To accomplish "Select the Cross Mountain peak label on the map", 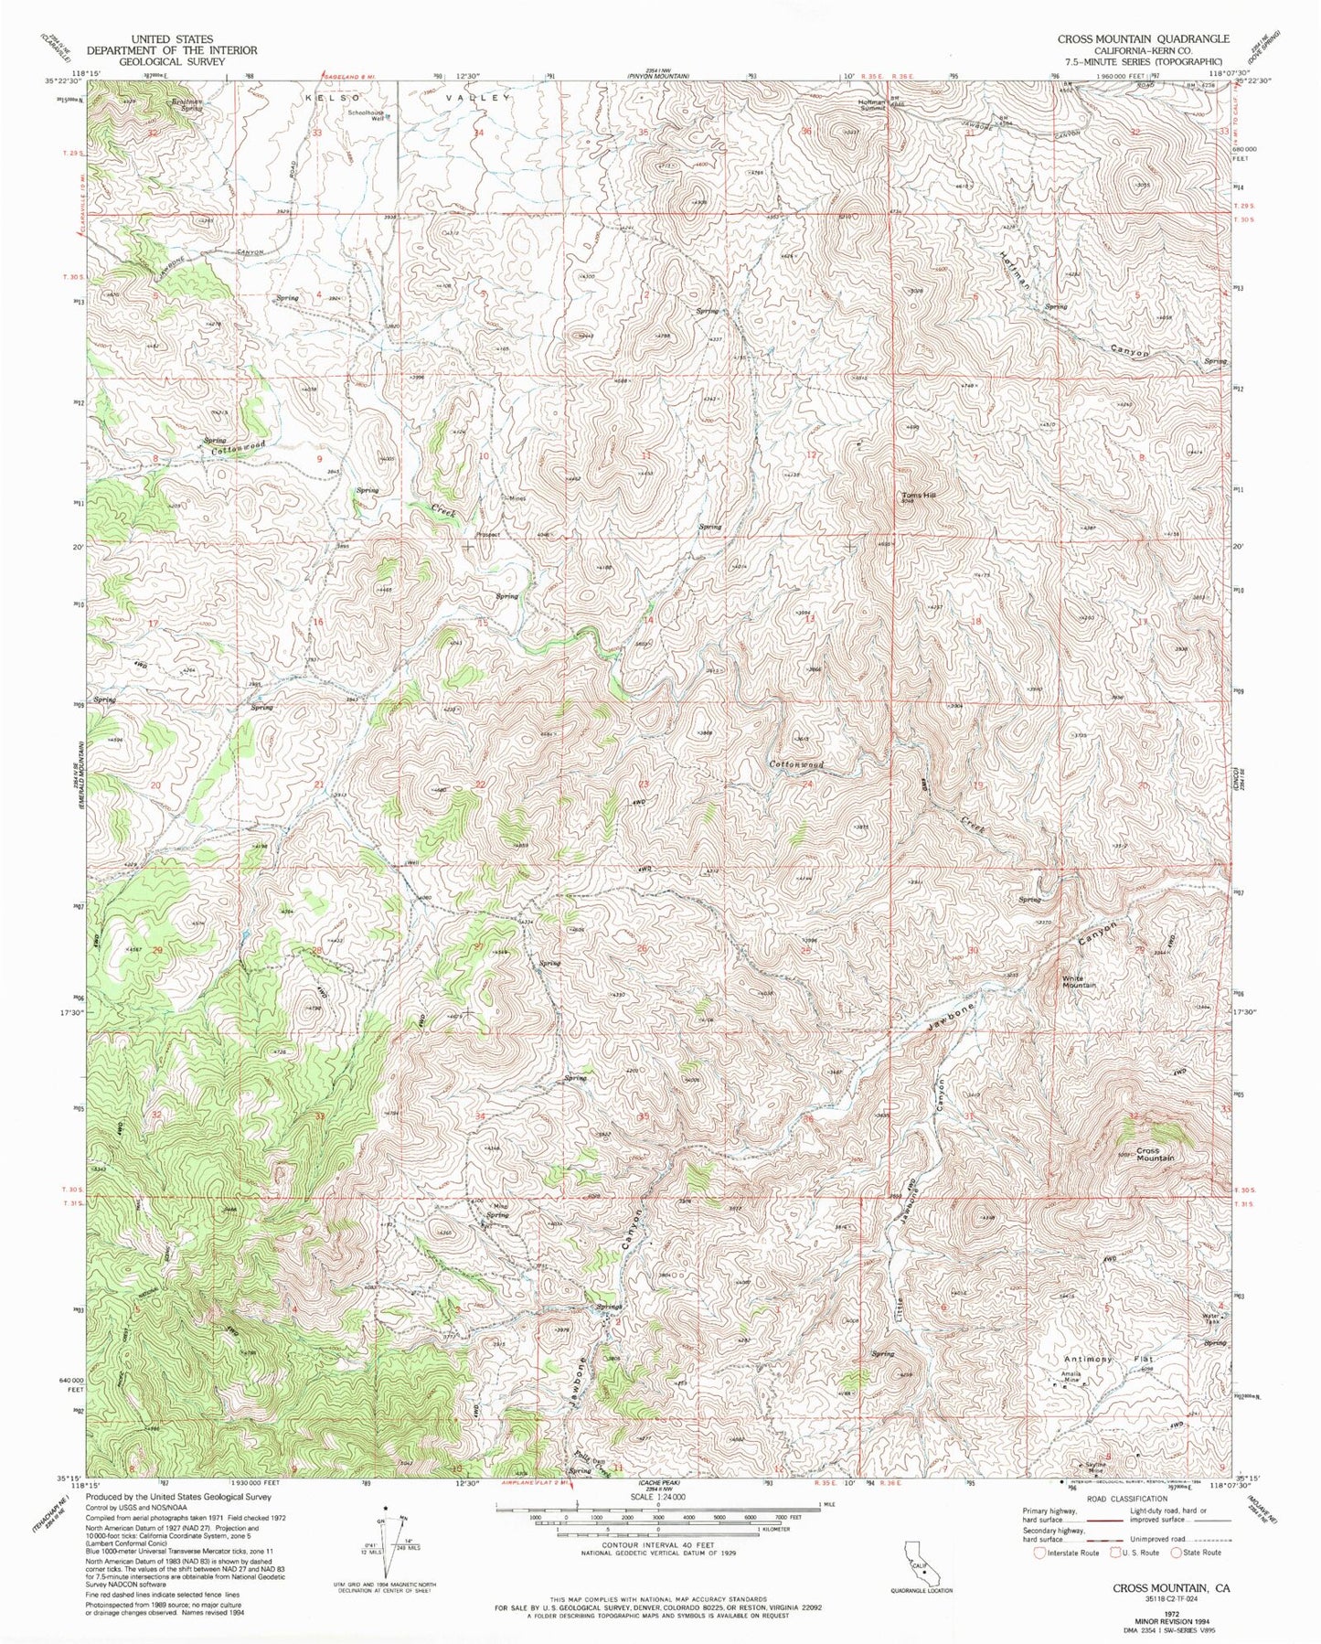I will pyautogui.click(x=1155, y=1154).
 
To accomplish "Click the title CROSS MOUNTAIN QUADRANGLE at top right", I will pyautogui.click(x=1143, y=39).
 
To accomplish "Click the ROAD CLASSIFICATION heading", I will pyautogui.click(x=1114, y=1499).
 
